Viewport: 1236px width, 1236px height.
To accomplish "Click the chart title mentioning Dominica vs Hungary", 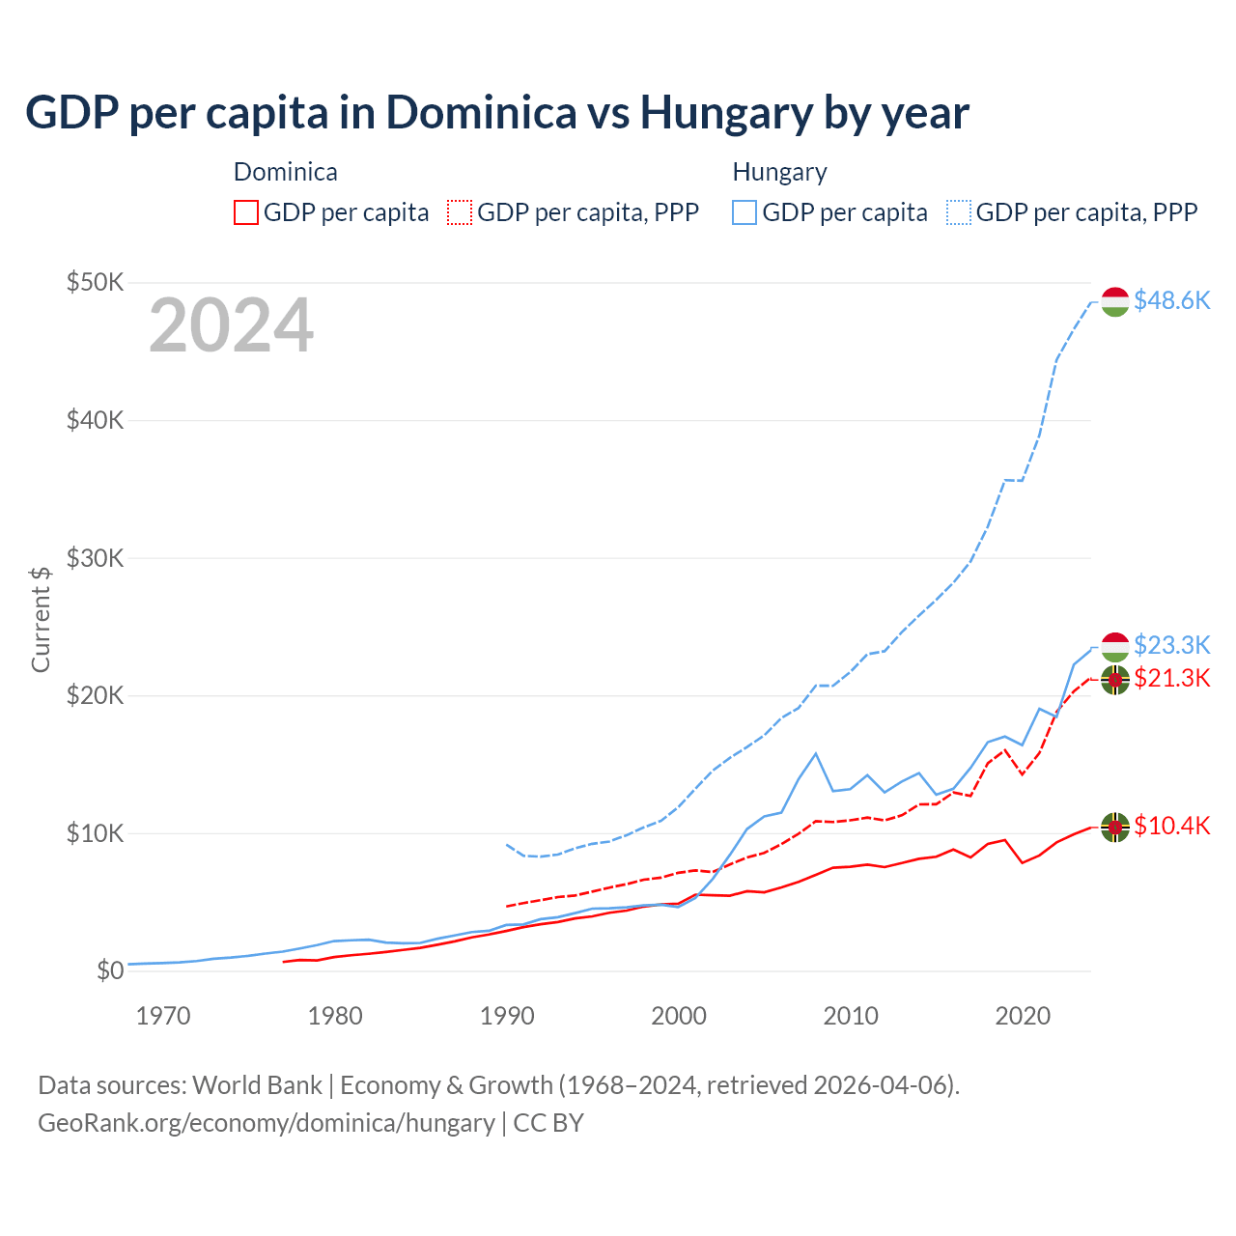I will [x=496, y=113].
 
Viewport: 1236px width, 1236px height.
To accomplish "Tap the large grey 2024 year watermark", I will [x=231, y=325].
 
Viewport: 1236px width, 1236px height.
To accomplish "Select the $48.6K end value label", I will [x=1171, y=300].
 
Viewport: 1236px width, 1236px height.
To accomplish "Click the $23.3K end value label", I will [x=1171, y=645].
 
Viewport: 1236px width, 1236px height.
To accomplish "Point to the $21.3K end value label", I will [x=1171, y=678].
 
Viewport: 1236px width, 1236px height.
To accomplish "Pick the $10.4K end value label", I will [x=1171, y=826].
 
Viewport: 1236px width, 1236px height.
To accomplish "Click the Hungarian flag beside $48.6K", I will [x=1115, y=301].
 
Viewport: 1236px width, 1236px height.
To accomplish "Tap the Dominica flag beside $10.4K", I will [x=1115, y=828].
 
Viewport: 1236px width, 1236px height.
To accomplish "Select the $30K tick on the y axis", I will [x=95, y=558].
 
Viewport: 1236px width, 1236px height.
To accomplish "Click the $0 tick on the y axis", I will [x=110, y=970].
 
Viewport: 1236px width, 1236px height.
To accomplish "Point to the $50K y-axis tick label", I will [x=95, y=282].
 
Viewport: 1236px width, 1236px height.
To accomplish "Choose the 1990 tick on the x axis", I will [x=507, y=1016].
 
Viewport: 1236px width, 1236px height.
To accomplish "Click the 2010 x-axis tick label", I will [x=851, y=1016].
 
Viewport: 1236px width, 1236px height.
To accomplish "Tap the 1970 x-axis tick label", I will [x=163, y=1016].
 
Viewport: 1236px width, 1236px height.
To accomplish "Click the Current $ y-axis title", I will [x=41, y=619].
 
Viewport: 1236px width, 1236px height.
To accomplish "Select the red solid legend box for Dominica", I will [x=246, y=212].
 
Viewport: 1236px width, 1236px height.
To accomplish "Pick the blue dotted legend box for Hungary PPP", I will [x=959, y=212].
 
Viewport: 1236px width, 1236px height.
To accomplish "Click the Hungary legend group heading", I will [x=779, y=172].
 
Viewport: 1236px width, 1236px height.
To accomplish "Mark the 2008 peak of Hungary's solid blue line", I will [x=816, y=753].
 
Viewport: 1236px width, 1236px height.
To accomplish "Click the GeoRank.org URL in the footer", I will [x=266, y=1123].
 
